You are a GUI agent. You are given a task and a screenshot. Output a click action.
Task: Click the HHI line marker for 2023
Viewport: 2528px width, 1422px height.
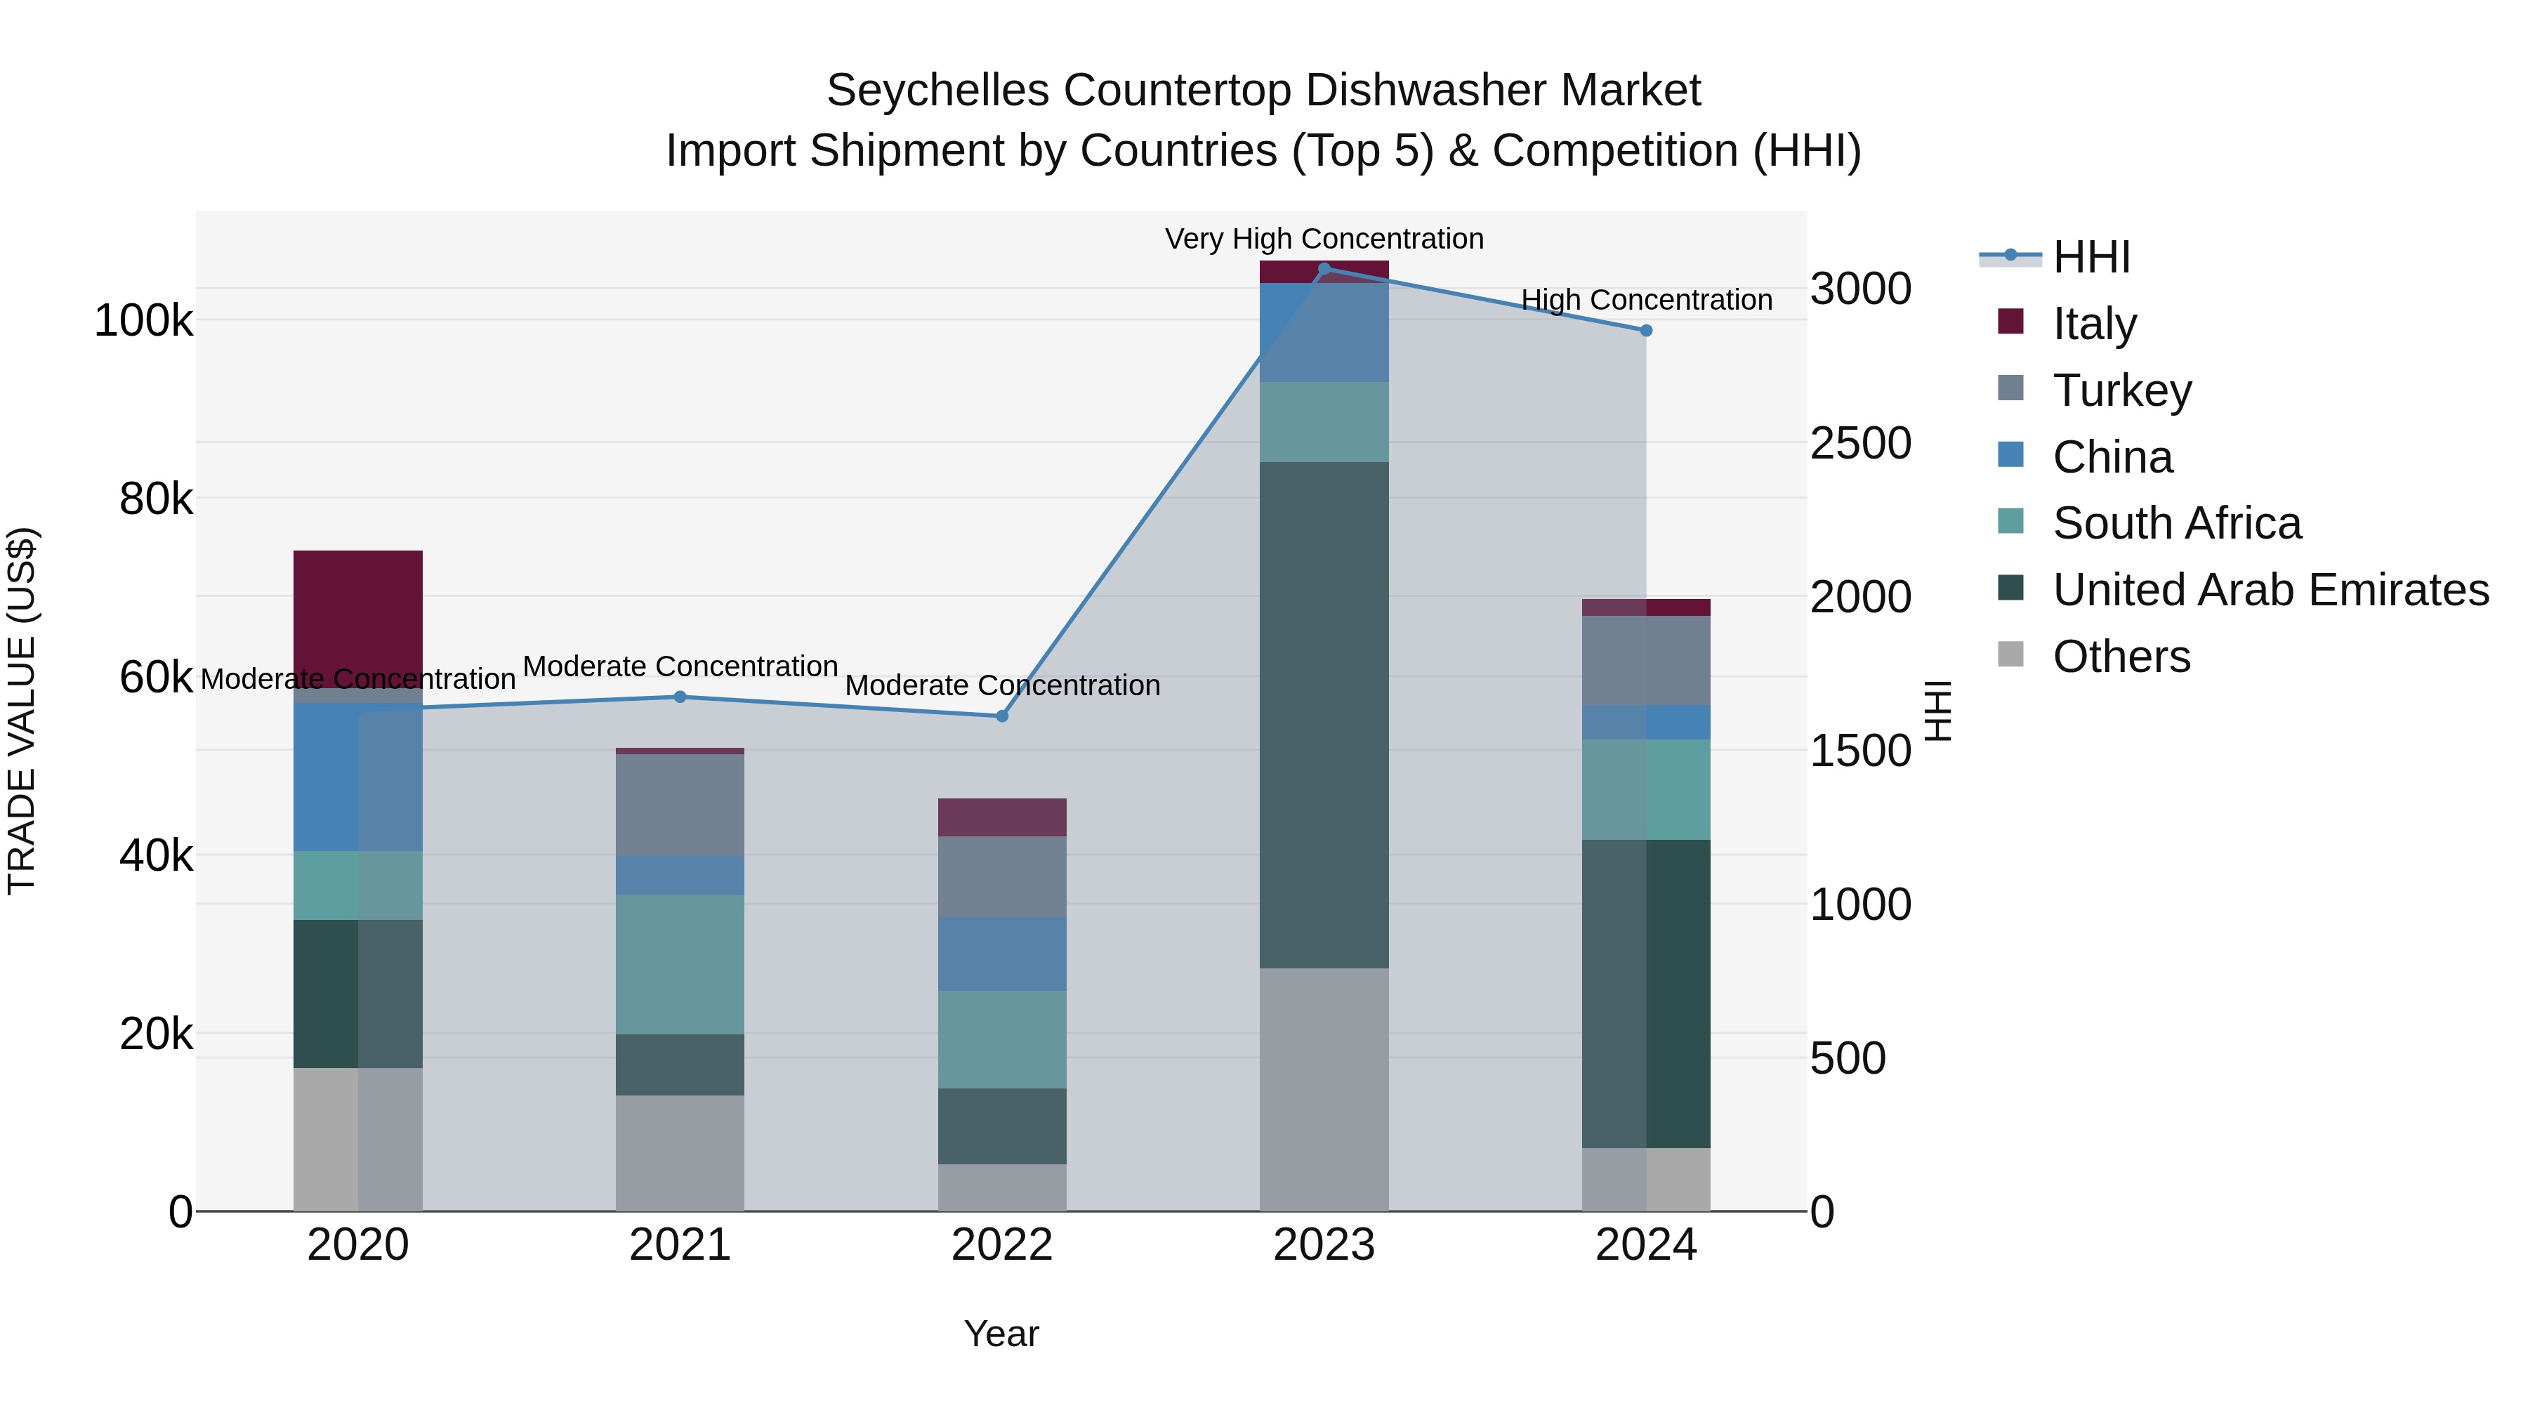pos(1324,269)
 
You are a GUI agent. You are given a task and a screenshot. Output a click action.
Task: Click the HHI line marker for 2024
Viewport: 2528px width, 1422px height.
pos(1646,331)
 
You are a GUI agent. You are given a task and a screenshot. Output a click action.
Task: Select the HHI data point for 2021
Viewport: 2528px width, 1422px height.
pos(680,697)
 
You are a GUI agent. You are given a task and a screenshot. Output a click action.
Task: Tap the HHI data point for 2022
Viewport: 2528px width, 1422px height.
pos(1002,716)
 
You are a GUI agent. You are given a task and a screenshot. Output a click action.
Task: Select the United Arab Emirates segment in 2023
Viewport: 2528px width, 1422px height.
pos(1324,714)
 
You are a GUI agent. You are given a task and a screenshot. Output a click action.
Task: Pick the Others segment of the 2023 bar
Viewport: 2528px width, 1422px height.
pos(1324,1089)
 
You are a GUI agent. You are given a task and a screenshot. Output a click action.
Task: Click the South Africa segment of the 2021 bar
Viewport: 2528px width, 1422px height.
pos(680,963)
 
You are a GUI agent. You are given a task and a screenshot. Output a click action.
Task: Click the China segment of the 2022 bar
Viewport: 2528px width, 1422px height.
pos(1002,954)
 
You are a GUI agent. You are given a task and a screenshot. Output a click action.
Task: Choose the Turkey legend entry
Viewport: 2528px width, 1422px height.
pos(2121,390)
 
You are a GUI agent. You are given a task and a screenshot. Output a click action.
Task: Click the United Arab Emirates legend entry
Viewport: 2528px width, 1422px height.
pos(2270,590)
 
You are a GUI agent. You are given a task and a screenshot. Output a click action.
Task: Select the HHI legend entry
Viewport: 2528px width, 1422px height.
pos(2091,257)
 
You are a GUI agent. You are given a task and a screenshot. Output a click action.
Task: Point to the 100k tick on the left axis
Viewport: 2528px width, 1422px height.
pos(143,321)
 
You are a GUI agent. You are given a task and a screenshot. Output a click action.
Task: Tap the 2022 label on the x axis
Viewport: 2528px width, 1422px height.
pos(1002,1245)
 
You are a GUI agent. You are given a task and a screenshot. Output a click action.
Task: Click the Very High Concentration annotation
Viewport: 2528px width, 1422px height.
pos(1324,239)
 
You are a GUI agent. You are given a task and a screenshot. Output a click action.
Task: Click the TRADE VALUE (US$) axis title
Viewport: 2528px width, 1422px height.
pos(22,711)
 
